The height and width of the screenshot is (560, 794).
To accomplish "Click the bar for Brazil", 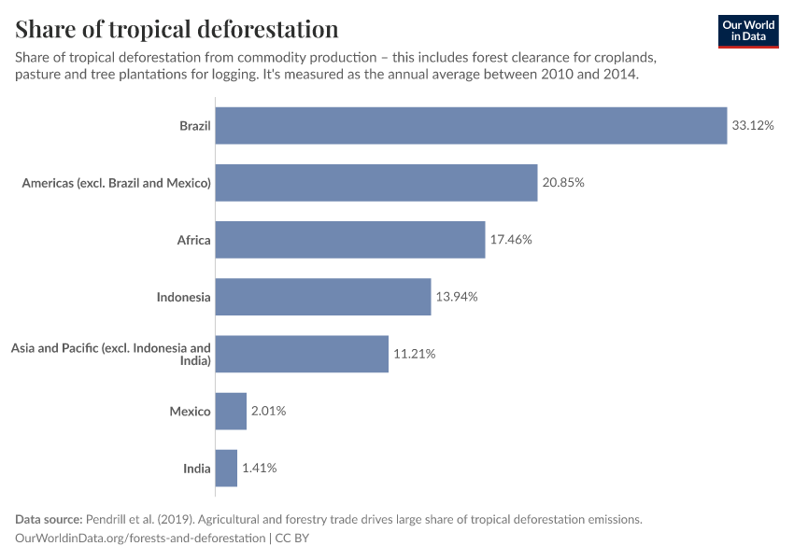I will [x=471, y=125].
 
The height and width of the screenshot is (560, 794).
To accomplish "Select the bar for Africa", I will [x=350, y=240].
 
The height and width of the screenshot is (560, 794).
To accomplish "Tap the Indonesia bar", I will [x=323, y=297].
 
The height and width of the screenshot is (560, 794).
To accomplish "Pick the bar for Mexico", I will [x=231, y=411].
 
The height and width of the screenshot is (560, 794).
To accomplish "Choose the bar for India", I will [x=226, y=468].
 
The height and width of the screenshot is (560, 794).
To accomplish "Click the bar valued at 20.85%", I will [x=376, y=183].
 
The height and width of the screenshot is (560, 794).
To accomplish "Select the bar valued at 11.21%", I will [x=302, y=354].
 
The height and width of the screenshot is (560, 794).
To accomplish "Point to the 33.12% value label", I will [x=753, y=125].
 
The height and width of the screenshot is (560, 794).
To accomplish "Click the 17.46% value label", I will [x=511, y=240].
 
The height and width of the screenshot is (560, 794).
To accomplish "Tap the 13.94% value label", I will [x=457, y=297].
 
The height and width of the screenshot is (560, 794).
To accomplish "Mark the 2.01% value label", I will [x=268, y=411].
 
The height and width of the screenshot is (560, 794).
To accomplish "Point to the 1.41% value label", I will [x=259, y=468].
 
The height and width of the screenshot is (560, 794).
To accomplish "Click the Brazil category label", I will [x=195, y=125].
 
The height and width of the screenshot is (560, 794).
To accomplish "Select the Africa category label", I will [x=194, y=240].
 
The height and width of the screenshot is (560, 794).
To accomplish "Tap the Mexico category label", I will [x=190, y=411].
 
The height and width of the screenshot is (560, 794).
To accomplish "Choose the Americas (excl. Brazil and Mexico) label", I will [x=117, y=183].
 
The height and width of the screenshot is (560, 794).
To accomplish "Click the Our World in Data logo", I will [x=747, y=31].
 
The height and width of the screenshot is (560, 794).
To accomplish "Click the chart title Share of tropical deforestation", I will [x=177, y=29].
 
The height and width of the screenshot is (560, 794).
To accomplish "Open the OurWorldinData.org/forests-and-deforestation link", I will [x=139, y=539].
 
